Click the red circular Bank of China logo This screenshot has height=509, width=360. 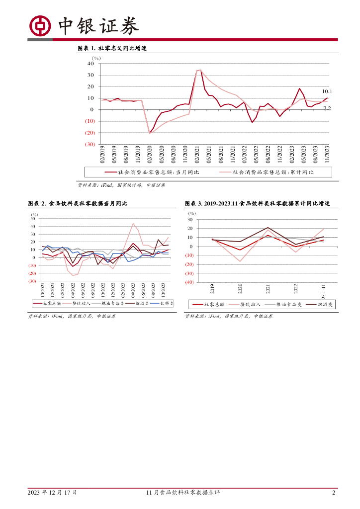tap(40, 26)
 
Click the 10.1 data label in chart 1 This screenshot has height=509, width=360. tap(327, 91)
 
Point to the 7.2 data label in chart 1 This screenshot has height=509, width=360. tap(327, 108)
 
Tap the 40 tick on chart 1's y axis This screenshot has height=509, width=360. tap(90, 64)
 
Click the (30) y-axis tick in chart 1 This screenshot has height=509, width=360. tap(90, 144)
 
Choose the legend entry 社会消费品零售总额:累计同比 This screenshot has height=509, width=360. tap(267, 172)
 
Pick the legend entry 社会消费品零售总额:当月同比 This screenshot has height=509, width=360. tap(152, 172)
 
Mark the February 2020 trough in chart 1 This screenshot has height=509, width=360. tap(150, 133)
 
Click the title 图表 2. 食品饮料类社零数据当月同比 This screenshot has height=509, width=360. tap(78, 204)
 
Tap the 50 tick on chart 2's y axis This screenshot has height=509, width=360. tap(33, 219)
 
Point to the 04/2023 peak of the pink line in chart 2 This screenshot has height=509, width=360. tap(133, 224)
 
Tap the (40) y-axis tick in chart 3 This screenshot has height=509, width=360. tap(188, 282)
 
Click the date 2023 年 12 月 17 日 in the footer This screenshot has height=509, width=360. tap(52, 493)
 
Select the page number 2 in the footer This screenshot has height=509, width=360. tap(334, 493)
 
